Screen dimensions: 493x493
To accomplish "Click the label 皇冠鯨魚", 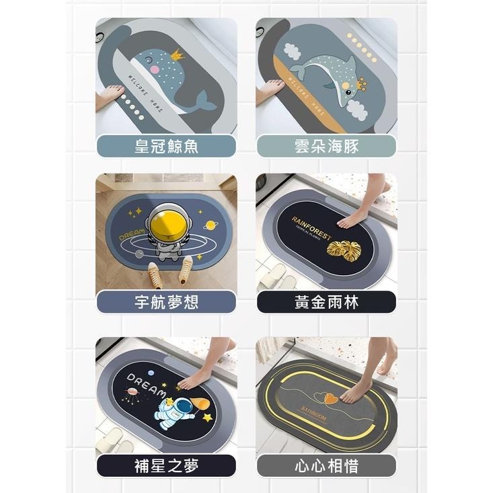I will tap(165, 147).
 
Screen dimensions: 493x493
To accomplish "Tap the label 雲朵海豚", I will tap(326, 147).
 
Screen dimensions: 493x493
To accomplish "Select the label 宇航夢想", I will tap(165, 303).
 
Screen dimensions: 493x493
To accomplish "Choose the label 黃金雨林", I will tap(326, 303).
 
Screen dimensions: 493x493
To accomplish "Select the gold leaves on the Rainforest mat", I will tap(344, 251).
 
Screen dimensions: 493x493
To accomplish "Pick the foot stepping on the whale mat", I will tap(109, 95).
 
